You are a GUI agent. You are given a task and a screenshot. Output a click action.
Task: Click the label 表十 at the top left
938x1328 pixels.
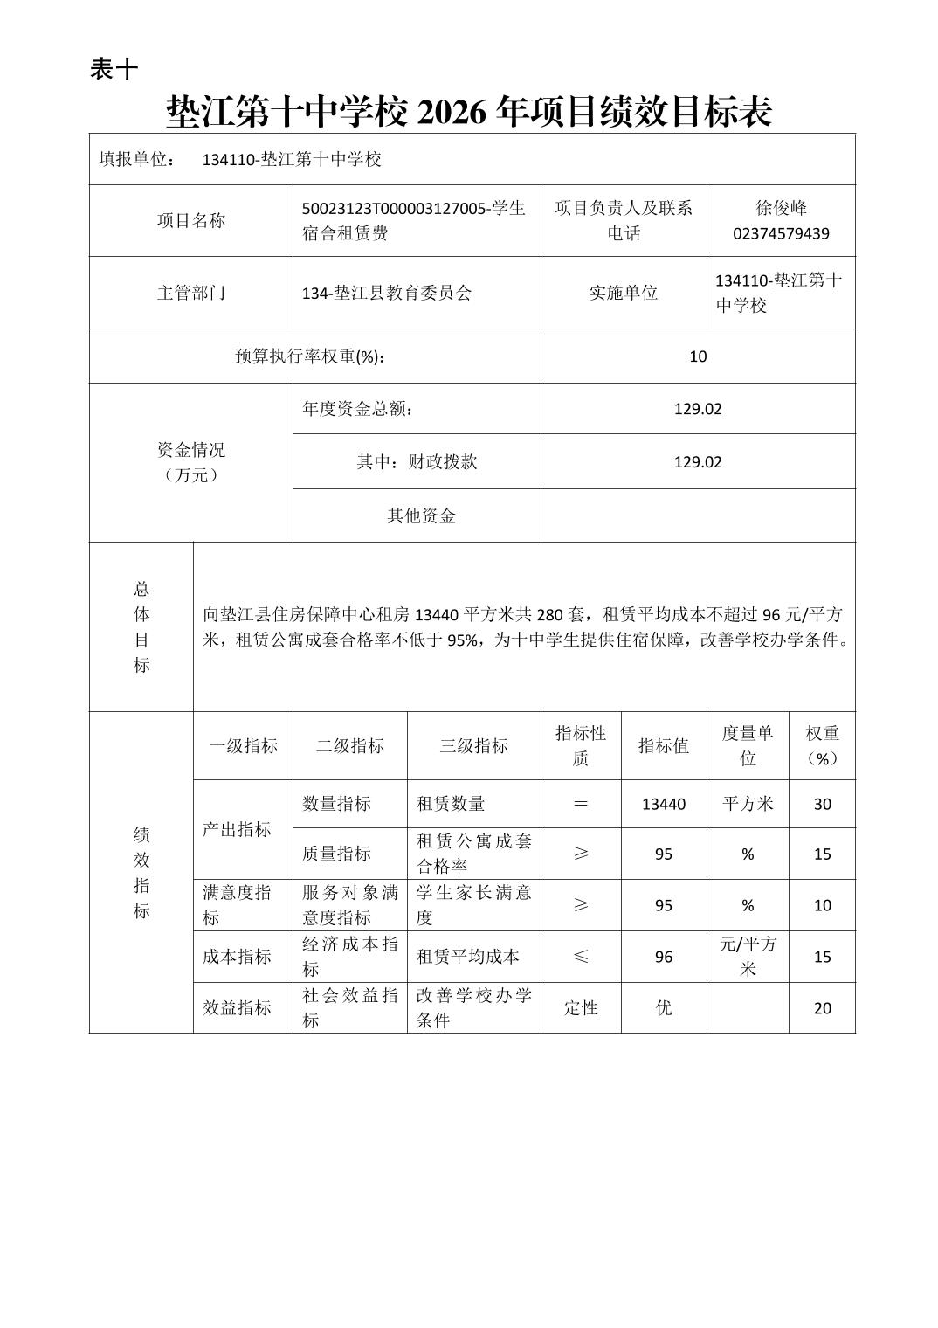(x=114, y=69)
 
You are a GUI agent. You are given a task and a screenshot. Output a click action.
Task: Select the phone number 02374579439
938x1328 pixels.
(x=781, y=233)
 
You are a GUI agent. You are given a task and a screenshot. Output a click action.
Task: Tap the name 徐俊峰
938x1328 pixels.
(x=781, y=208)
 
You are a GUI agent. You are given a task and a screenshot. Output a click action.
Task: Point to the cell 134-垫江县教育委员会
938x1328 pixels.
(x=387, y=294)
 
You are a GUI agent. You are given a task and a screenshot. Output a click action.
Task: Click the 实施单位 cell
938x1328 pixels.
(x=623, y=293)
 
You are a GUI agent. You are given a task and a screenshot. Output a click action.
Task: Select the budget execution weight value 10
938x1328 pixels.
(x=697, y=356)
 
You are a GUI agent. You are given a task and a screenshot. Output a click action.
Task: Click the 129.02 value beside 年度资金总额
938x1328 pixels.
(x=697, y=409)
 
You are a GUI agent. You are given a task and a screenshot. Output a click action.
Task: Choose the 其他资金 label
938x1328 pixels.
(x=421, y=515)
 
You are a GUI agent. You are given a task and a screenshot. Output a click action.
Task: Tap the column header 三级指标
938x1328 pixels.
(x=473, y=746)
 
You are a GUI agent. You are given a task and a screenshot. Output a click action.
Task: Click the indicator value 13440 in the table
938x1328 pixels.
(x=663, y=804)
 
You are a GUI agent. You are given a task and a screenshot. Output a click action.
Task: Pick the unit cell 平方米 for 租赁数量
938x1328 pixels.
(x=748, y=804)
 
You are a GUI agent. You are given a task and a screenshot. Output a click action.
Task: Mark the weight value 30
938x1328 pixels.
(x=822, y=804)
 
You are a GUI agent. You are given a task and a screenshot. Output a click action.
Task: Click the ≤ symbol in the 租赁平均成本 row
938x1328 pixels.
(x=580, y=957)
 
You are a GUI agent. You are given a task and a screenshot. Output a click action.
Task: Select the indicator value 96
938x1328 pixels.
(x=663, y=957)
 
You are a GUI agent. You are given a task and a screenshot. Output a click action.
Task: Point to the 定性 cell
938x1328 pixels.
(x=580, y=1008)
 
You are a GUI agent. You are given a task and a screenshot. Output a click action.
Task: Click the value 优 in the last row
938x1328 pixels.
(x=663, y=1008)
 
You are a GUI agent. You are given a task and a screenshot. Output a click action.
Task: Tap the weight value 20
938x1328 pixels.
(x=822, y=1008)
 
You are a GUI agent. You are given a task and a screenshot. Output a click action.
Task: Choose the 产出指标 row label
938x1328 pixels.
(x=237, y=829)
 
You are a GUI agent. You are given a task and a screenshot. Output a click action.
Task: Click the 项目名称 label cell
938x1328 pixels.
(x=190, y=221)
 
